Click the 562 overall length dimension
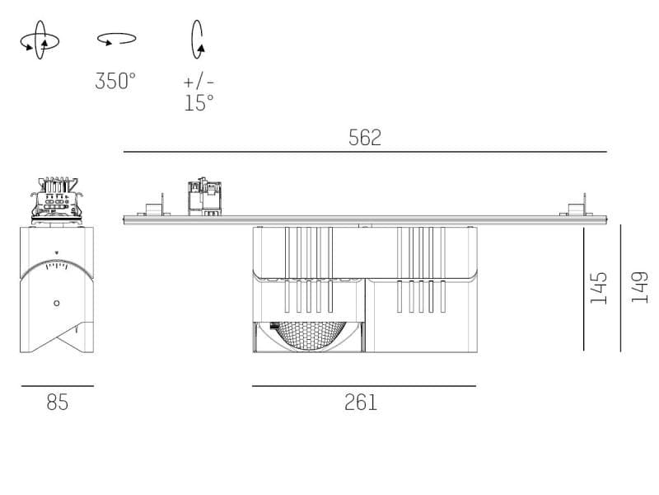point(365,138)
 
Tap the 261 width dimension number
point(361,403)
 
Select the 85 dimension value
point(57,403)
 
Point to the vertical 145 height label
point(599,288)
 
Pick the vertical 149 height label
point(639,287)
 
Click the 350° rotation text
point(115,81)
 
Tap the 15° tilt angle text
point(199,102)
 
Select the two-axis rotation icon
point(40,40)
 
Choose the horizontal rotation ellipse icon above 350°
point(116,39)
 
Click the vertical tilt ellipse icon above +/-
point(198,39)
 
